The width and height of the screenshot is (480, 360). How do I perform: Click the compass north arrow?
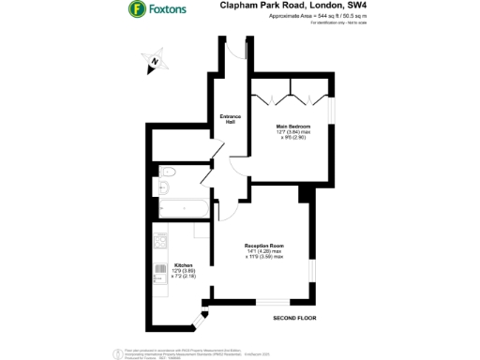click(x=153, y=63)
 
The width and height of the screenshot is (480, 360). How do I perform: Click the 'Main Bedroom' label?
click(x=292, y=125)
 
